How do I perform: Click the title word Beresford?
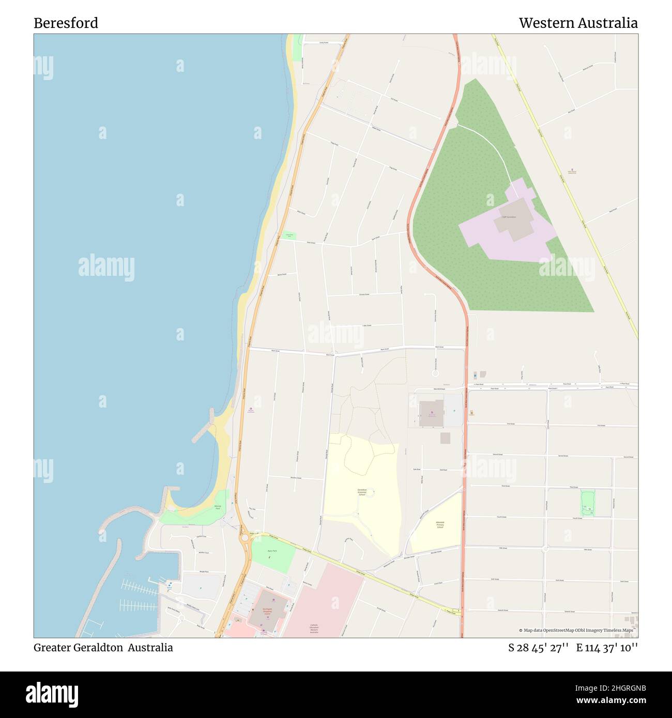pyautogui.click(x=66, y=23)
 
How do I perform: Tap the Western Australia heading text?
pyautogui.click(x=578, y=23)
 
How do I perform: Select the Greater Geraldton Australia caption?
pyautogui.click(x=103, y=647)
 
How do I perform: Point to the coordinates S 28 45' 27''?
pyautogui.click(x=539, y=648)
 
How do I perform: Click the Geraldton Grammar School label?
pyautogui.click(x=362, y=492)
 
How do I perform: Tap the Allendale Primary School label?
pyautogui.click(x=440, y=525)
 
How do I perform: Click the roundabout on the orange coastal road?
pyautogui.click(x=244, y=538)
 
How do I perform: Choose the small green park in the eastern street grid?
pyautogui.click(x=588, y=503)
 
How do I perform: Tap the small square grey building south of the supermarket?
pyautogui.click(x=445, y=438)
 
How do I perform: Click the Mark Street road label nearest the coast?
pyautogui.click(x=276, y=351)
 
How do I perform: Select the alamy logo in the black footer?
pyautogui.click(x=52, y=694)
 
